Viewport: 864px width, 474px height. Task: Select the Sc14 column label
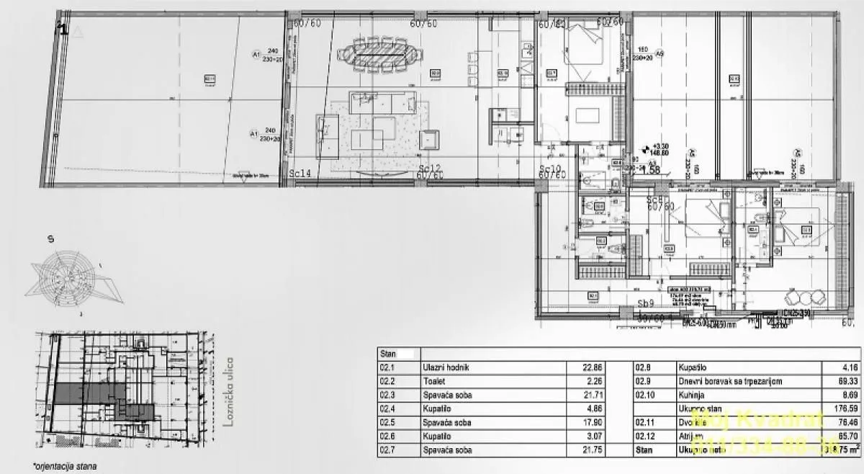coord(301,174)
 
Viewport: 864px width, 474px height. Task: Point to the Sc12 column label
coord(431,169)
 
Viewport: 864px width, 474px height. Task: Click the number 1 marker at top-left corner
coord(63,29)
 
